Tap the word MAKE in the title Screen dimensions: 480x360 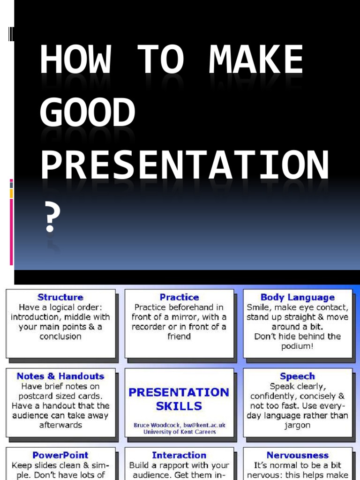pyautogui.click(x=256, y=60)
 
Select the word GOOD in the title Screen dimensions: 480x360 pyautogui.click(x=87, y=113)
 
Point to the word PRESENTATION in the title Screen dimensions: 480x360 pyautogui.click(x=184, y=165)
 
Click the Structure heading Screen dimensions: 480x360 pyautogui.click(x=60, y=297)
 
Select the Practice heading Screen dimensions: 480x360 pyautogui.click(x=179, y=297)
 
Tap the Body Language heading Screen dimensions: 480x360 pyautogui.click(x=297, y=297)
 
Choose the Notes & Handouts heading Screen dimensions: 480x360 pyautogui.click(x=60, y=376)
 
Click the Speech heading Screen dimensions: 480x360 pyautogui.click(x=297, y=376)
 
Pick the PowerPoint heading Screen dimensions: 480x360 pyautogui.click(x=60, y=455)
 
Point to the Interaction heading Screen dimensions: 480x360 pyautogui.click(x=179, y=455)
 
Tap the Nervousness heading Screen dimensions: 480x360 pyautogui.click(x=297, y=455)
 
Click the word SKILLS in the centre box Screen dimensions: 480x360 pyautogui.click(x=179, y=406)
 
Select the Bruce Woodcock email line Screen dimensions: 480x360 pyautogui.click(x=179, y=425)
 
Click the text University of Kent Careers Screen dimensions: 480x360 pyautogui.click(x=179, y=432)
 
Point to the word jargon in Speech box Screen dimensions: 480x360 pyautogui.click(x=297, y=425)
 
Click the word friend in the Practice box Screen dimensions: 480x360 pyautogui.click(x=179, y=337)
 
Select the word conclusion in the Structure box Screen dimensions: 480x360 pyautogui.click(x=60, y=337)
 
